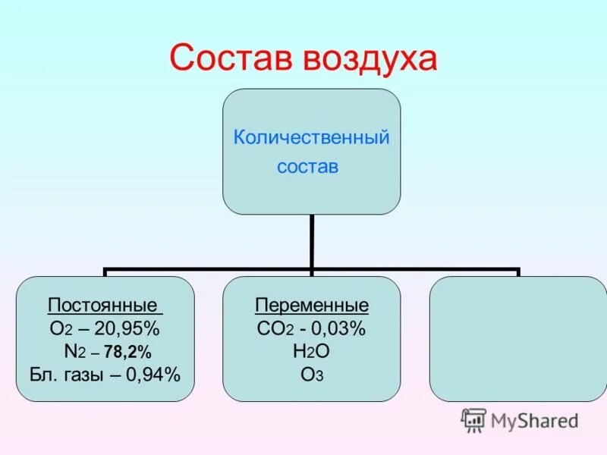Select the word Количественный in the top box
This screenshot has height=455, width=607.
pos(311,138)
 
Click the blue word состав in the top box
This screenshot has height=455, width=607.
pos(307,166)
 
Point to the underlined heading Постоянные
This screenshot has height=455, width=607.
pos(105,306)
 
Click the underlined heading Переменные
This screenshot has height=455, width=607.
pos(312,306)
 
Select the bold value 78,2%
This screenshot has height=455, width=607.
pos(128,351)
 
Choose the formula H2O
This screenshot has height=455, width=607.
pos(312,351)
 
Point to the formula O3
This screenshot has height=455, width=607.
pos(312,373)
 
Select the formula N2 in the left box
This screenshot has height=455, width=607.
pos(76,351)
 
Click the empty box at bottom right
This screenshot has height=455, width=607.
pos(518,338)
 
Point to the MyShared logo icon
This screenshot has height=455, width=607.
pos(473,419)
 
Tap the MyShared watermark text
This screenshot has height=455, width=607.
pos(535,421)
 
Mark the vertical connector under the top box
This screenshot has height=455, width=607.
pos(311,241)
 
